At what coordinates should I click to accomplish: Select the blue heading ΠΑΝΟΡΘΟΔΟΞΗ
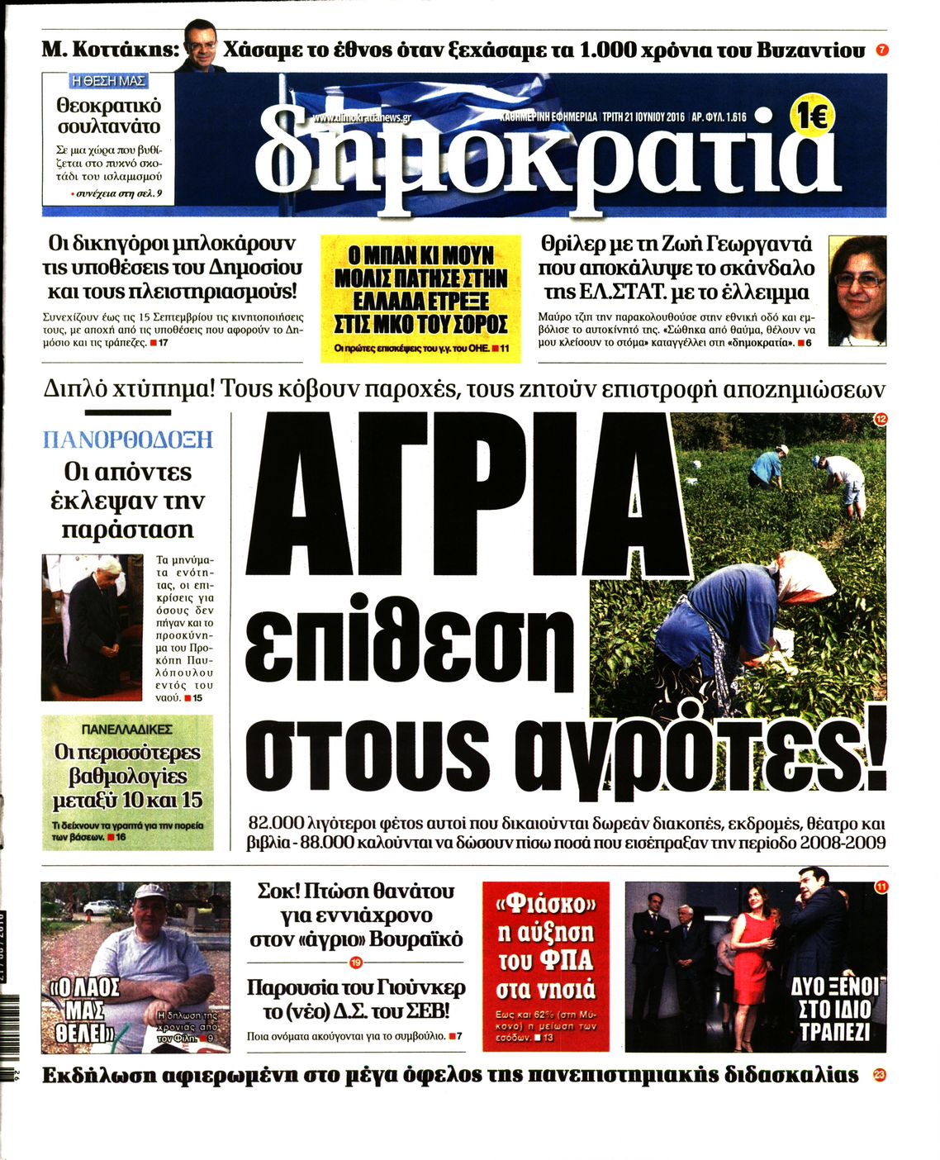click(127, 439)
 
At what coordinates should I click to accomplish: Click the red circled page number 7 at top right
click(882, 50)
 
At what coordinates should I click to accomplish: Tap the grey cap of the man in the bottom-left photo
click(151, 891)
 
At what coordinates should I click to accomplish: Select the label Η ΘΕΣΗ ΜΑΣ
click(109, 81)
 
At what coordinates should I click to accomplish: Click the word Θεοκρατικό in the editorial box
click(108, 106)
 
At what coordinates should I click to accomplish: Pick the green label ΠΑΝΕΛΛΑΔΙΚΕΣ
click(127, 730)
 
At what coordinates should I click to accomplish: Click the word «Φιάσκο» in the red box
click(545, 905)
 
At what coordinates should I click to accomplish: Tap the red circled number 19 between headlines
click(356, 963)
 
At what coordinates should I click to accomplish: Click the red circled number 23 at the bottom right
click(879, 1075)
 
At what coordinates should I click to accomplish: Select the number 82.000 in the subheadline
click(276, 824)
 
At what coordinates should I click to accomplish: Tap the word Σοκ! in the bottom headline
click(278, 891)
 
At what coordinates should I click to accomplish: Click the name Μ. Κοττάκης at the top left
click(109, 50)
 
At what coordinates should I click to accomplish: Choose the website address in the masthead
click(361, 118)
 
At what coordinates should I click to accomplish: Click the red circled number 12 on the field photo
click(880, 421)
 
